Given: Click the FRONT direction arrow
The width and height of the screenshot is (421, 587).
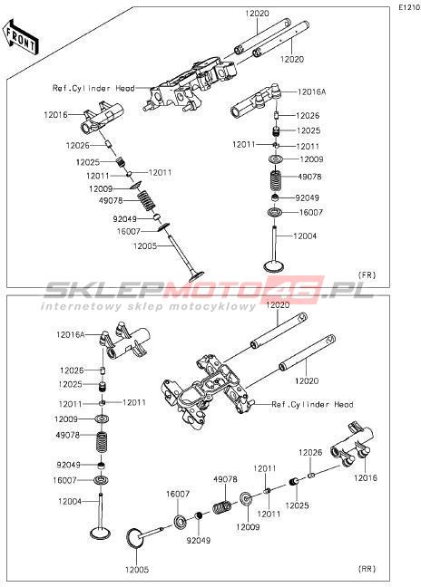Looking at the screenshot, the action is [20, 35].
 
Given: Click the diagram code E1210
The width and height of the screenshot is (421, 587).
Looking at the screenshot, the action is [409, 7].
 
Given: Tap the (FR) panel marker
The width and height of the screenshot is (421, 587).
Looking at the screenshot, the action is [367, 275].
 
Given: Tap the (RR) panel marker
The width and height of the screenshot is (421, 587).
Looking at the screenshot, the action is [367, 569].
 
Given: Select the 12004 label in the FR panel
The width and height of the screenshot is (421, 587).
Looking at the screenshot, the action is [305, 236].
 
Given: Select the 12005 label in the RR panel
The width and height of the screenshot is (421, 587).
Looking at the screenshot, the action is [137, 570].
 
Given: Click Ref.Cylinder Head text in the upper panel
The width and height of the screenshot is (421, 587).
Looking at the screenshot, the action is [93, 89].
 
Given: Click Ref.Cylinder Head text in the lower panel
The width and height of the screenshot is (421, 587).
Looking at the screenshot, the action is [312, 405].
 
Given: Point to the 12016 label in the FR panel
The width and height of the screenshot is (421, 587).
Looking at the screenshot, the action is [56, 115].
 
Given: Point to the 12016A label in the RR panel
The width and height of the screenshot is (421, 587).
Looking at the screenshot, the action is [71, 334].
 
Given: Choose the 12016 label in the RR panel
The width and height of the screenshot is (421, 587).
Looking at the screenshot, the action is [366, 478].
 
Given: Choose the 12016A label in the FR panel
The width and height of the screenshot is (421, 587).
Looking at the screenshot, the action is [312, 91].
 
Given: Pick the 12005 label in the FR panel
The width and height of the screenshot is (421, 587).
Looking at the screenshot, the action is [144, 246].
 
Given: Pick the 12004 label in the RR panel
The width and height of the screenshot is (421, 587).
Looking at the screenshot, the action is [70, 501].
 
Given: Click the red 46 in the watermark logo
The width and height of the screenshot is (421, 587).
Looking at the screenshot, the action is [296, 290].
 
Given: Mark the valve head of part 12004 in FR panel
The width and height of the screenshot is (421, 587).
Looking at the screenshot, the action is [274, 266].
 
